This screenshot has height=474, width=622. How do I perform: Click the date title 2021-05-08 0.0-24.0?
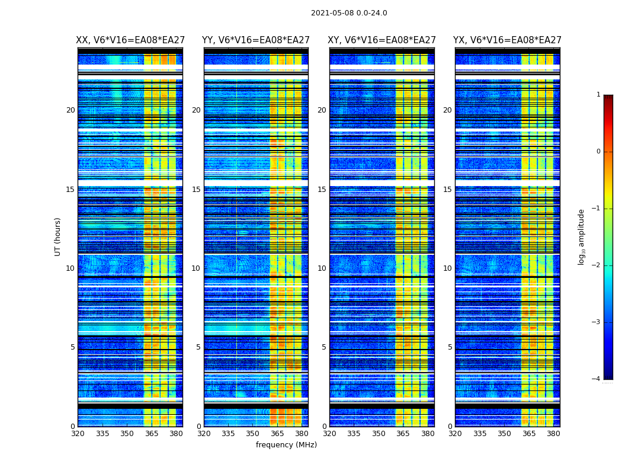pyautogui.click(x=349, y=13)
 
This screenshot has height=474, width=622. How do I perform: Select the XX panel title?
pyautogui.click(x=130, y=40)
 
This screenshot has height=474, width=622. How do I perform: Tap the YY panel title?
pyautogui.click(x=256, y=40)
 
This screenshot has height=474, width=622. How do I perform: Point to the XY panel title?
pyautogui.click(x=381, y=40)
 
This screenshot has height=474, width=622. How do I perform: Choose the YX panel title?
pyautogui.click(x=507, y=40)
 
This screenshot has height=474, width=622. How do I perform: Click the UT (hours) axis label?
pyautogui.click(x=58, y=236)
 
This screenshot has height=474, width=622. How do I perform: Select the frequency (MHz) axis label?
pyautogui.click(x=286, y=445)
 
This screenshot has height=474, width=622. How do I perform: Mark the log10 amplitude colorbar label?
pyautogui.click(x=582, y=236)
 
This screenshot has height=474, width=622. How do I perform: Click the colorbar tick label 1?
pyautogui.click(x=598, y=95)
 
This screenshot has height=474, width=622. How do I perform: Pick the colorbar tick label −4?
pyautogui.click(x=597, y=379)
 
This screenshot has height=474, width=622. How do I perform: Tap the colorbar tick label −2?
pyautogui.click(x=597, y=265)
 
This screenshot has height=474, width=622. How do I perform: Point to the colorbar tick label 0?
pyautogui.click(x=598, y=152)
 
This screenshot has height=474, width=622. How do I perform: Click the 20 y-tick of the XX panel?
pyautogui.click(x=70, y=110)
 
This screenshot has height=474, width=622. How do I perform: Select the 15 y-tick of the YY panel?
pyautogui.click(x=196, y=190)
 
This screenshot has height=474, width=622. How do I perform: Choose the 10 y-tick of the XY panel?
pyautogui.click(x=322, y=268)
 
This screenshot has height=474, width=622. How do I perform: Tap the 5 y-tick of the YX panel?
pyautogui.click(x=450, y=347)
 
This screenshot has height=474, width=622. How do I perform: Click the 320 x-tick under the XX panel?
pyautogui.click(x=78, y=434)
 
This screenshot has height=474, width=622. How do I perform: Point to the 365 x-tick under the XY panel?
pyautogui.click(x=403, y=434)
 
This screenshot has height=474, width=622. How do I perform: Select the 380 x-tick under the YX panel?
pyautogui.click(x=553, y=434)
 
